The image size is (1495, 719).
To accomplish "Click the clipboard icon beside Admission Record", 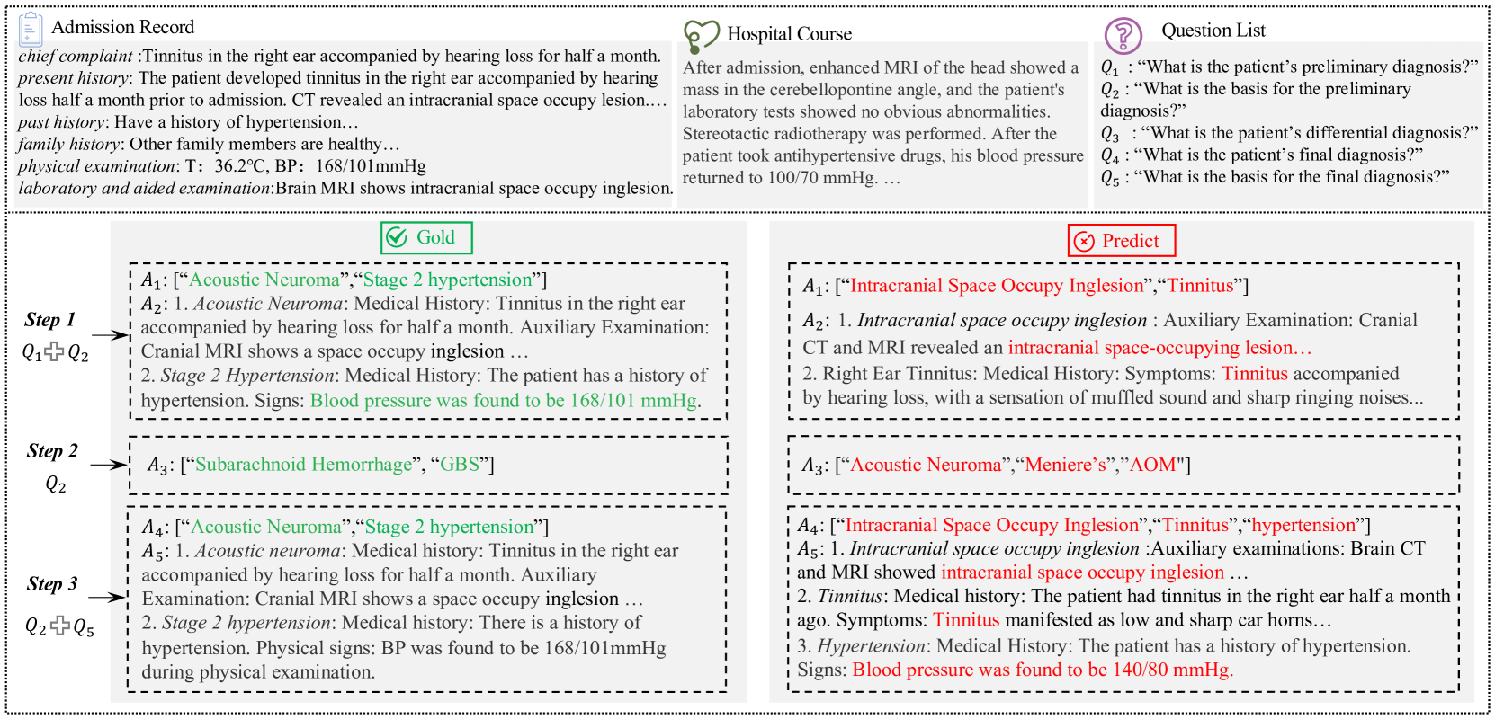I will coord(30,29).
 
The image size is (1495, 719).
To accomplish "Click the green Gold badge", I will coord(425,238).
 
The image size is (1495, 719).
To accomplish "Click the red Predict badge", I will coord(1121,241).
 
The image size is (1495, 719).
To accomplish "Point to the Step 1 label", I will coord(50,320).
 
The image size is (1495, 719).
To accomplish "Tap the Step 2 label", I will coord(52,451).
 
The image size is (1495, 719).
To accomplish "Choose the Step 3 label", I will coord(52,584).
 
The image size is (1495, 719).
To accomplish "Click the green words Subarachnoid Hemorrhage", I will coord(303,465).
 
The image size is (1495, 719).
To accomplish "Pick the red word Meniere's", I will coord(1065,465).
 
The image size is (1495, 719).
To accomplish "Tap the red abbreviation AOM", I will coord(1152,465).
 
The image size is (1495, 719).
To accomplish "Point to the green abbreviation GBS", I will coord(460,465).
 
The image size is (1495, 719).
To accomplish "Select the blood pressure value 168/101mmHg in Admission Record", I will coord(371,166).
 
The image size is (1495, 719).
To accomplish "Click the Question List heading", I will coord(1213,31).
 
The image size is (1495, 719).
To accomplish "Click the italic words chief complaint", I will coord(76,56).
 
